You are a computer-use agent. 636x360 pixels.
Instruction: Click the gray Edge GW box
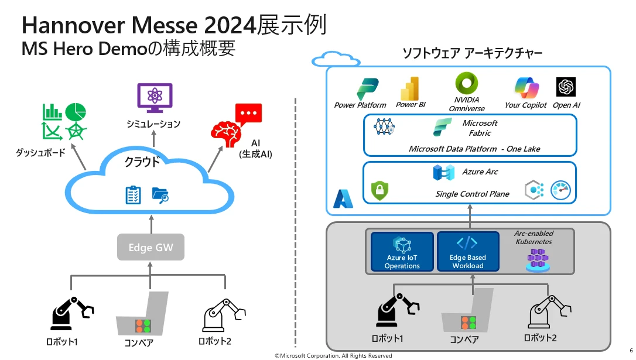[151, 248]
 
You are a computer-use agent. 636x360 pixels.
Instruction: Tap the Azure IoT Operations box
[402, 252]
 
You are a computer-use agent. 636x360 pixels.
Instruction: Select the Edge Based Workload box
[467, 252]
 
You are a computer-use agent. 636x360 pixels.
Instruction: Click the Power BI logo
[410, 88]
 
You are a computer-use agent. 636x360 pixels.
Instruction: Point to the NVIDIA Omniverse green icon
[467, 84]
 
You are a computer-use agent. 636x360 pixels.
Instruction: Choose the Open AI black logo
[566, 87]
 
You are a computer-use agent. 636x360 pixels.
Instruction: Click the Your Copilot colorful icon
[526, 88]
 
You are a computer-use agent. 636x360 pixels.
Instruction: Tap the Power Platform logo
[367, 89]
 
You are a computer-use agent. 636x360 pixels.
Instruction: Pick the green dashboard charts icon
[64, 121]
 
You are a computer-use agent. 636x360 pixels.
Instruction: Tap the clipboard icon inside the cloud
[134, 195]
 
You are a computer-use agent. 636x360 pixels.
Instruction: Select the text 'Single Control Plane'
[472, 194]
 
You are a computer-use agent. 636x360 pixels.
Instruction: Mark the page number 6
[631, 350]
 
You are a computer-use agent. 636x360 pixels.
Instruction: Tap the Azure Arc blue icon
[443, 172]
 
